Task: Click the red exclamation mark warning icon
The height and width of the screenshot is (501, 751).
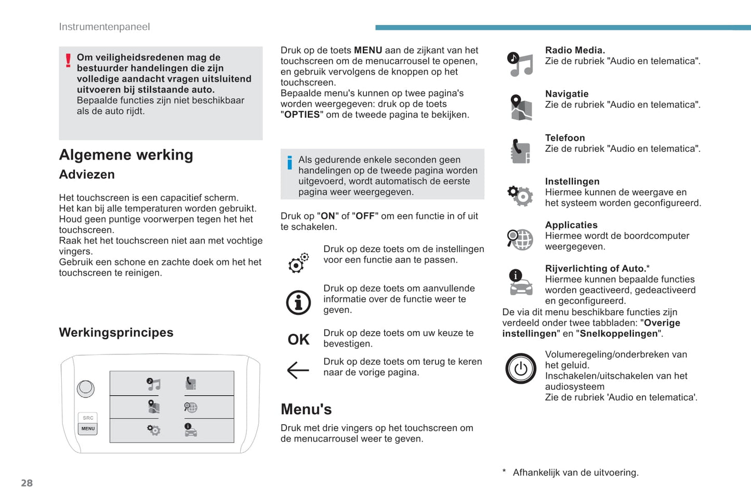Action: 68,61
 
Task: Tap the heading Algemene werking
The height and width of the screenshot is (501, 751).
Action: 126,155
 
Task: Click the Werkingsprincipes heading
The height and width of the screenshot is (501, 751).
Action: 116,333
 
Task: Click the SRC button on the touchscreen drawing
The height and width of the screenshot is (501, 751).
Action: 88,418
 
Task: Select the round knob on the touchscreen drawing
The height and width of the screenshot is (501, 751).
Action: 86,388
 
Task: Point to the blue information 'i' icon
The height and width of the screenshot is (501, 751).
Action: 289,163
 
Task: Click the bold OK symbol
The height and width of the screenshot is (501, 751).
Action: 298,339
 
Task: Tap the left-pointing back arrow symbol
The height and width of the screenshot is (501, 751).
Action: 298,370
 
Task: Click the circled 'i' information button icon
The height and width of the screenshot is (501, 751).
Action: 298,302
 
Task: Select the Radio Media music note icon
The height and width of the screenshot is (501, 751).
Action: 521,64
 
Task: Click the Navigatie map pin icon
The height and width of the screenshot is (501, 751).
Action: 520,108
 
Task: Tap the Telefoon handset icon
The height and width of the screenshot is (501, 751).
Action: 520,151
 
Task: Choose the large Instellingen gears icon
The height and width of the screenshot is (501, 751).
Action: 520,195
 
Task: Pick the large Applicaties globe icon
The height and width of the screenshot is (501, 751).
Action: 520,239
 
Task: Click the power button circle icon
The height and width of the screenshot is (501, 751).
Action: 521,368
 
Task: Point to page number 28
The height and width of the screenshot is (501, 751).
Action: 27,483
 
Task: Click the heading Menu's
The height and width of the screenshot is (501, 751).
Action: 306,410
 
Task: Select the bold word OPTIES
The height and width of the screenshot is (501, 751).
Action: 302,115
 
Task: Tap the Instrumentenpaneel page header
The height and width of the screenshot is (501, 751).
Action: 104,27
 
